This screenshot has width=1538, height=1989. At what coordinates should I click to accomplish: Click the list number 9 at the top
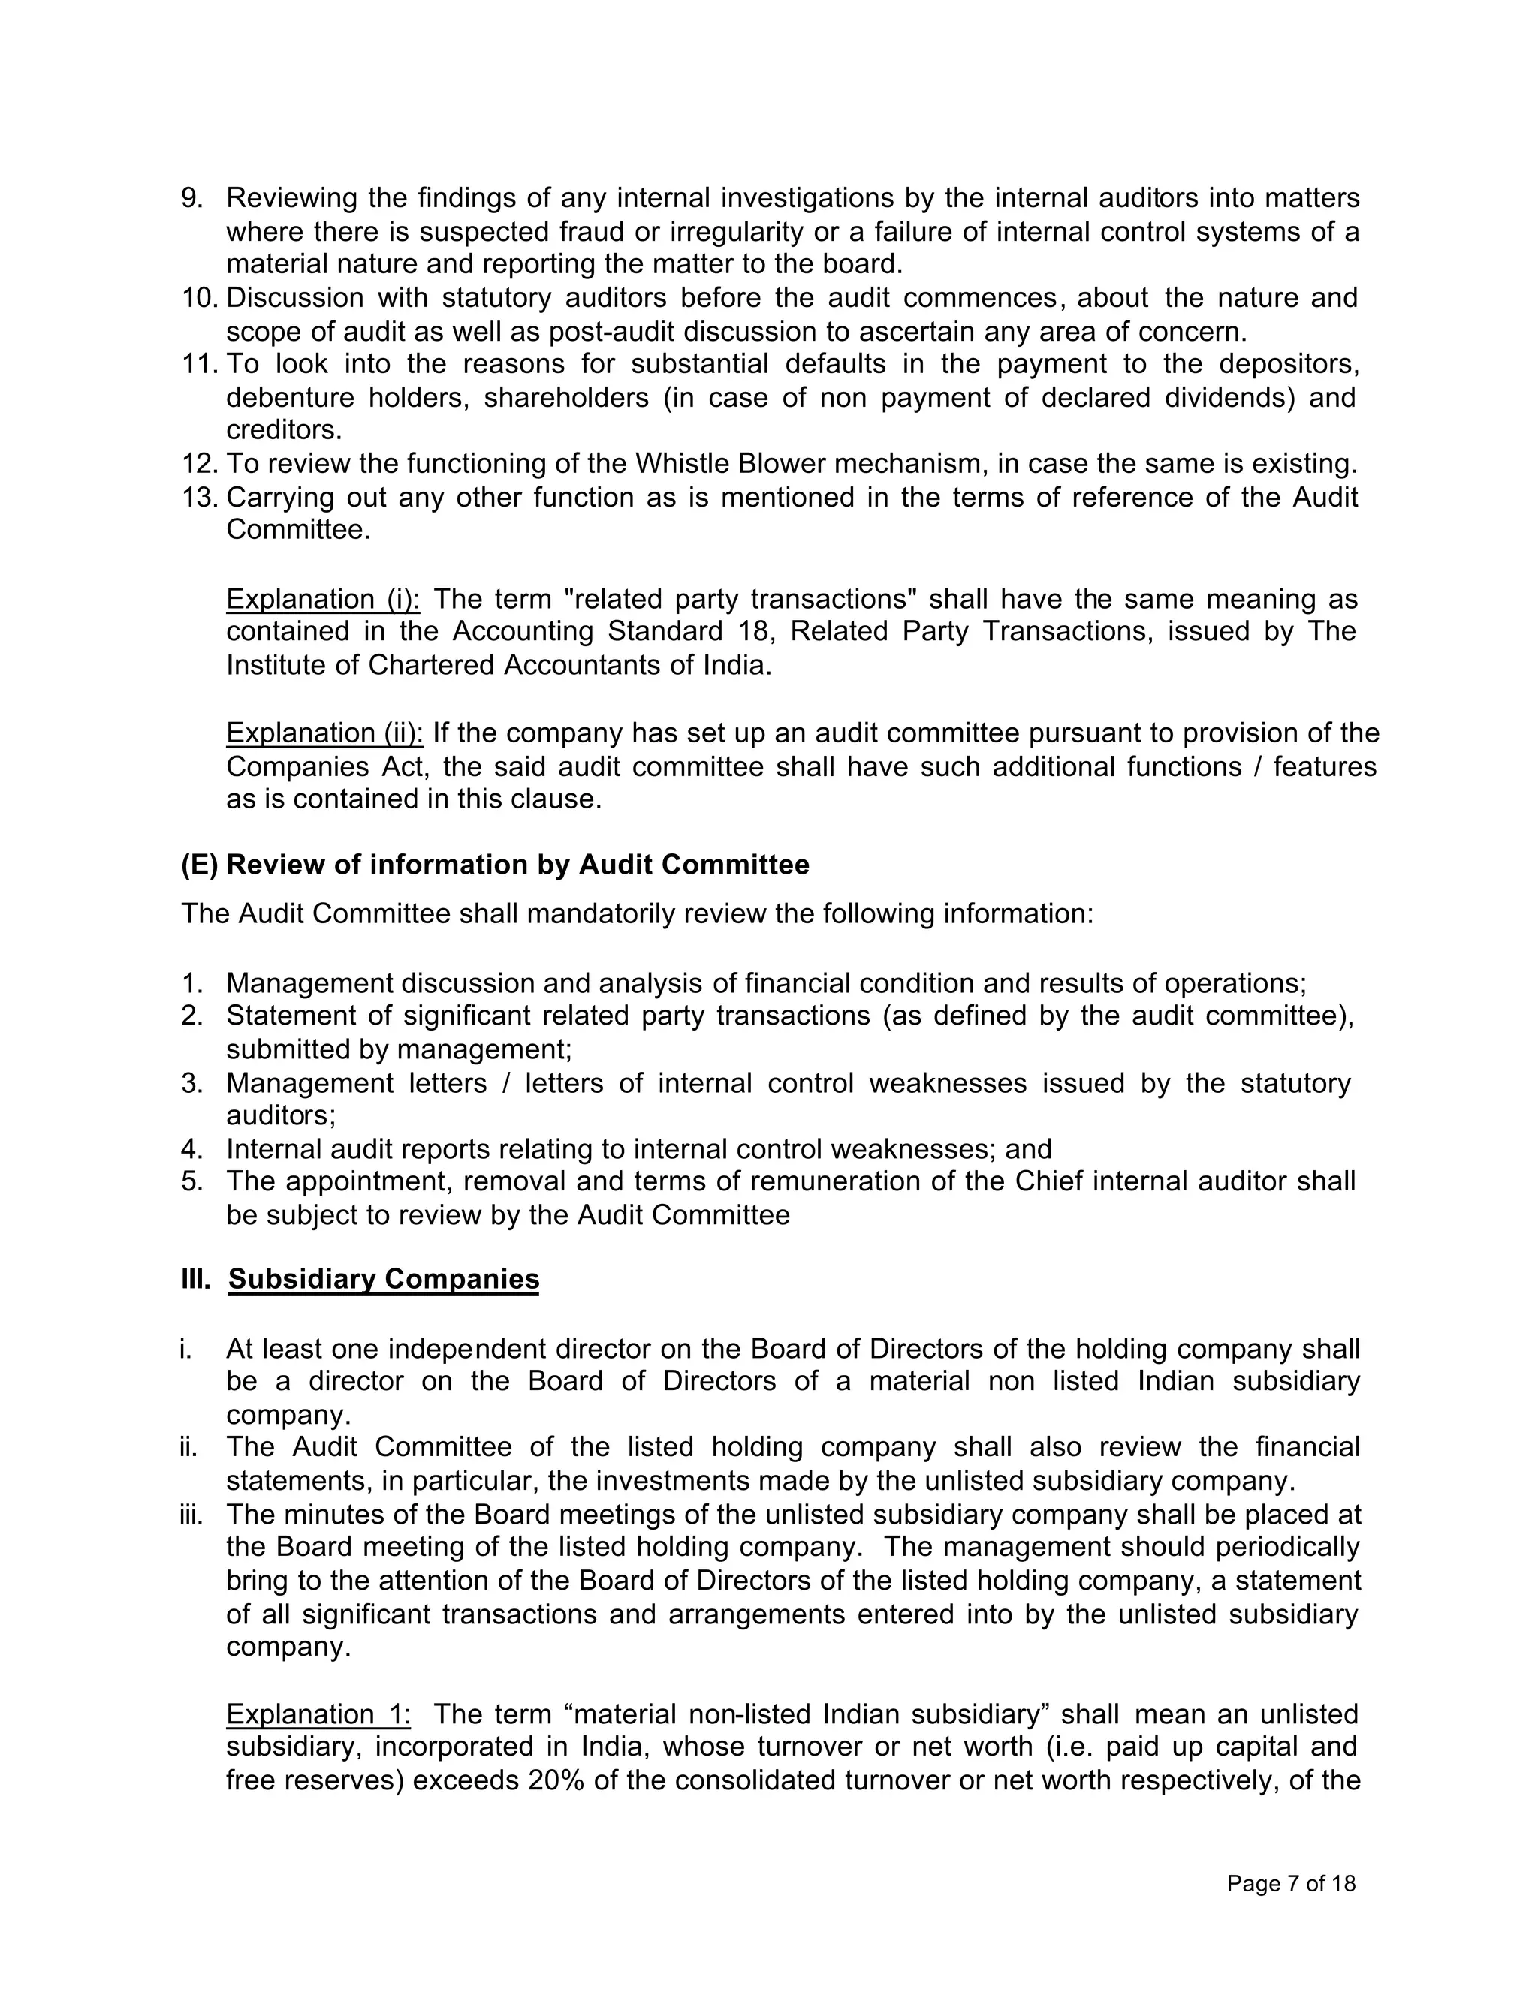pyautogui.click(x=191, y=199)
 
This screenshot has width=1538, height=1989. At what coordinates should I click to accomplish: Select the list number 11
pyautogui.click(x=198, y=364)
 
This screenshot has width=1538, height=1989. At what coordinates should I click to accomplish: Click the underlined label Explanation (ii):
pyautogui.click(x=324, y=733)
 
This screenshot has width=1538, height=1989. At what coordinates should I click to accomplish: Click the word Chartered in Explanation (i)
pyautogui.click(x=432, y=666)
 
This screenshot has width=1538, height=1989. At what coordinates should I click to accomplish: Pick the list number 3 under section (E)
pyautogui.click(x=191, y=1084)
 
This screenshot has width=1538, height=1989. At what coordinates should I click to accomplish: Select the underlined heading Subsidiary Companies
pyautogui.click(x=384, y=1280)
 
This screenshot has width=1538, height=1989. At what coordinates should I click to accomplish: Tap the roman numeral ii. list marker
pyautogui.click(x=189, y=1447)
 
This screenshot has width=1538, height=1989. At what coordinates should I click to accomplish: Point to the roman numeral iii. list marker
pyautogui.click(x=191, y=1515)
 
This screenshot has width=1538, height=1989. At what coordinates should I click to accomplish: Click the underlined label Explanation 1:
pyautogui.click(x=318, y=1715)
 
